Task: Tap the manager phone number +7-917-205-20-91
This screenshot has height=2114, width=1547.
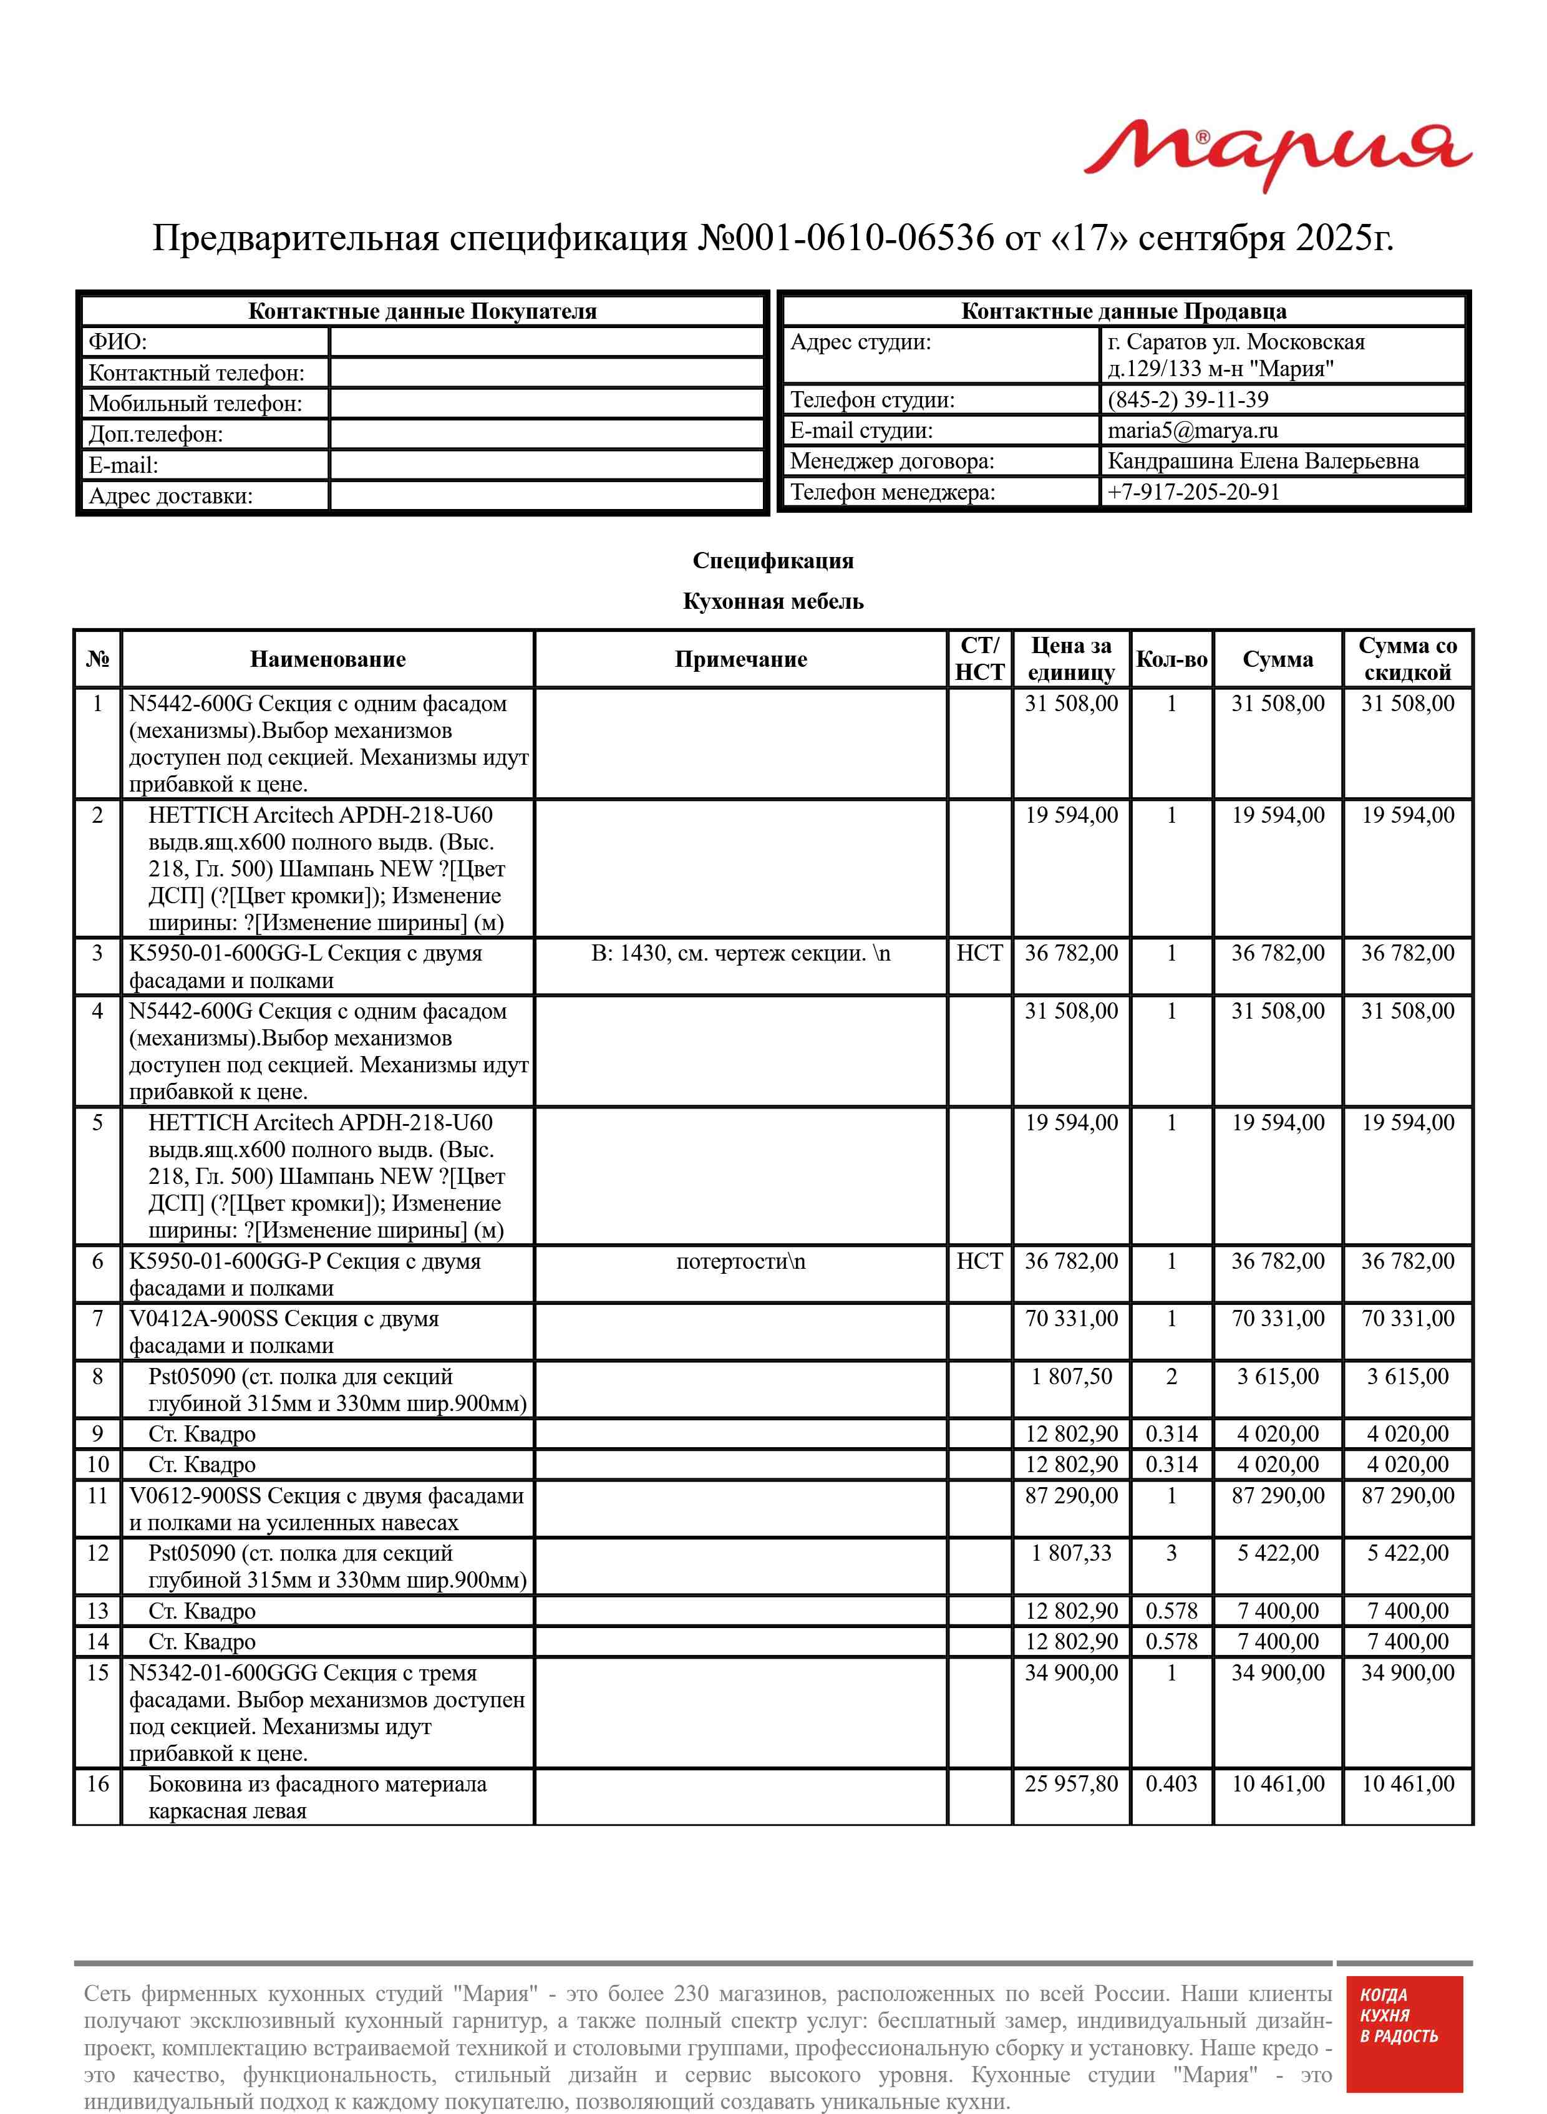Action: [x=1193, y=492]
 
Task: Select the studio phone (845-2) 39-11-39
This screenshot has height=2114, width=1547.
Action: [x=1188, y=400]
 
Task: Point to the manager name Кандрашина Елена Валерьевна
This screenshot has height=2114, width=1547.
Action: [x=1263, y=462]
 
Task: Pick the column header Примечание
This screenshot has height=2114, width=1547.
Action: [x=740, y=659]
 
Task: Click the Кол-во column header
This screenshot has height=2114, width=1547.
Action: [x=1171, y=659]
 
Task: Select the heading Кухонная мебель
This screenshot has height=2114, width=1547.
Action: [x=772, y=601]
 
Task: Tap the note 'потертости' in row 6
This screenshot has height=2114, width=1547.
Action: [x=740, y=1261]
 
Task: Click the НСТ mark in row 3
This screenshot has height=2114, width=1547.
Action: [x=979, y=953]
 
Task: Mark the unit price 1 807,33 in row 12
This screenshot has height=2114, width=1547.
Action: [x=1071, y=1553]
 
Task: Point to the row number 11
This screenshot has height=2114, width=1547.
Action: [x=97, y=1495]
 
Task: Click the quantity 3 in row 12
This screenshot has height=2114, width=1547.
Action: [x=1171, y=1553]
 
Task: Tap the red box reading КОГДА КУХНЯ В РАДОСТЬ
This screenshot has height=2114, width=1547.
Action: [x=1404, y=2047]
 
